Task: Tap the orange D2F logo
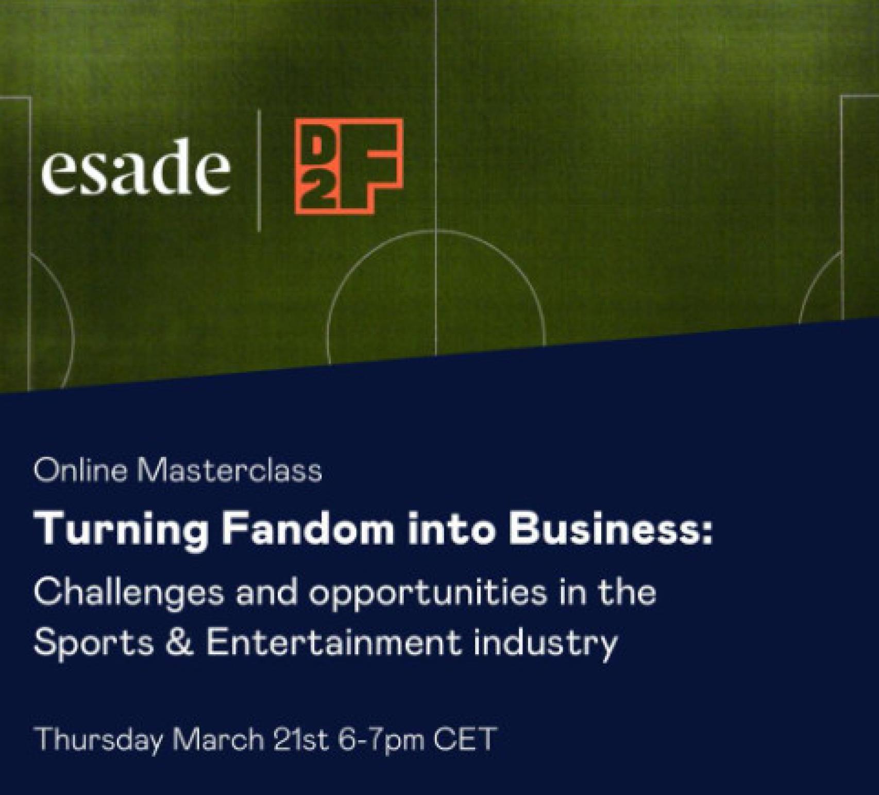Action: [349, 166]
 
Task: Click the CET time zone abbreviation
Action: [465, 739]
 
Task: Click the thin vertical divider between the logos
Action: [258, 170]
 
